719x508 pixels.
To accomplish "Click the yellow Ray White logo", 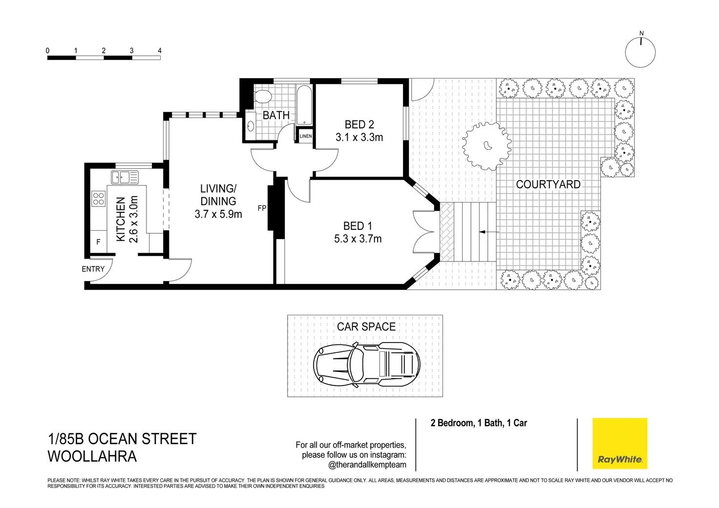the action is [x=619, y=444].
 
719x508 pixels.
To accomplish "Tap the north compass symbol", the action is [x=640, y=52].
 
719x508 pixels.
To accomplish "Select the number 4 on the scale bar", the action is [x=160, y=51].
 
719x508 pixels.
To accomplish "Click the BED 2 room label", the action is [x=359, y=125].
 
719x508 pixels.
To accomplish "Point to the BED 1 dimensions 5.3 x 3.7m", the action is [x=358, y=239].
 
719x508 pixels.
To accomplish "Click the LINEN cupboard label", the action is [x=306, y=136].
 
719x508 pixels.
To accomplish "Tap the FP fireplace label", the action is [x=262, y=208].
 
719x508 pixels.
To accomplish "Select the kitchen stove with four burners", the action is [x=99, y=198].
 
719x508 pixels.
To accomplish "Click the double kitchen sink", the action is [x=125, y=177].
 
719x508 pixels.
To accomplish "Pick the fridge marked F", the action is [x=98, y=242].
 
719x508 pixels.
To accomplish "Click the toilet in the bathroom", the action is [x=262, y=96].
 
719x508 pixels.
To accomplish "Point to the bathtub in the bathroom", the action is [x=304, y=105].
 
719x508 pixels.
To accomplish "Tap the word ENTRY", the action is [x=93, y=269].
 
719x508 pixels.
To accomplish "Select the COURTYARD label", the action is [x=548, y=184].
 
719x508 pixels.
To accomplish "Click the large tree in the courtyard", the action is [x=487, y=145].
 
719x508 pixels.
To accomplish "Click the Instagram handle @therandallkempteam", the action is [x=367, y=465].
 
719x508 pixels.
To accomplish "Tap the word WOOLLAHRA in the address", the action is [x=92, y=456].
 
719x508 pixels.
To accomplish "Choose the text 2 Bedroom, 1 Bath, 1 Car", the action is [x=479, y=423].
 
